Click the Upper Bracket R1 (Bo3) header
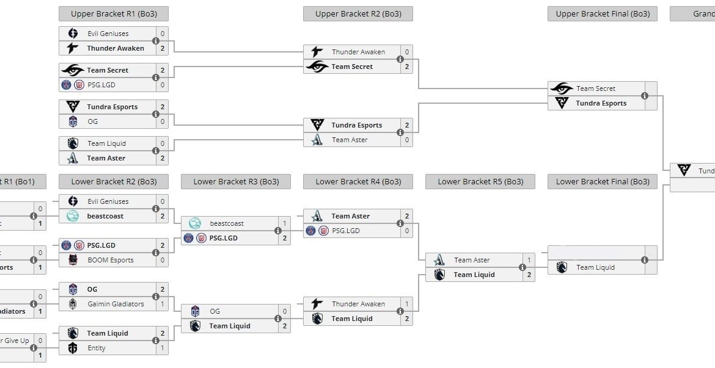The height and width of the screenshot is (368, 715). coord(113,13)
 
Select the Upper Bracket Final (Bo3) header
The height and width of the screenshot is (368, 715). coord(602,13)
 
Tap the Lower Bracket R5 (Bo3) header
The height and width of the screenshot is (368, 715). coord(480,181)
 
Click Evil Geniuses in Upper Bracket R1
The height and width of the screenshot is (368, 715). coord(108,34)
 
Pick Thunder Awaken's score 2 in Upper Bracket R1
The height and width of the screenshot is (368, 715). coord(162,48)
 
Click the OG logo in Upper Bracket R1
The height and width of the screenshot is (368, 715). coord(73,121)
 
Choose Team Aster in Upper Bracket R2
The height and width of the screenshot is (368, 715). coord(350,140)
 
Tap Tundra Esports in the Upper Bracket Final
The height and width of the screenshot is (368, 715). coord(601,103)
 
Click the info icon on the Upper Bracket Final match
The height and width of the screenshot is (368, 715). coord(645,96)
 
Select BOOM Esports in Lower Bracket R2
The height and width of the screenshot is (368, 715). coord(110,260)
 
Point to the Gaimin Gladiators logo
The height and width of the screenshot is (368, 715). coord(73,304)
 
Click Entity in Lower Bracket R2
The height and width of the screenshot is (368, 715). coord(97,348)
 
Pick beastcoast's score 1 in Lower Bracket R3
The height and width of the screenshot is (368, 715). coord(284,223)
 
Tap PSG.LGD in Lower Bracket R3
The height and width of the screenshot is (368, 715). coord(224,238)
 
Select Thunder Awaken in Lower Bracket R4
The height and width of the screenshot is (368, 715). coord(358,304)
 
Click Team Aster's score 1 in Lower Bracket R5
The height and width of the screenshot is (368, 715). coord(529,260)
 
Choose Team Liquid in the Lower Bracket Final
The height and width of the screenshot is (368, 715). coord(595,267)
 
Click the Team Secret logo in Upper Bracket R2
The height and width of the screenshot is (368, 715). coord(317,67)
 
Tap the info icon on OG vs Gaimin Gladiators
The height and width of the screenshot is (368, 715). coord(156,297)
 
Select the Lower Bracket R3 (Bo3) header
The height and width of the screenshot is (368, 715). coord(235,181)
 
